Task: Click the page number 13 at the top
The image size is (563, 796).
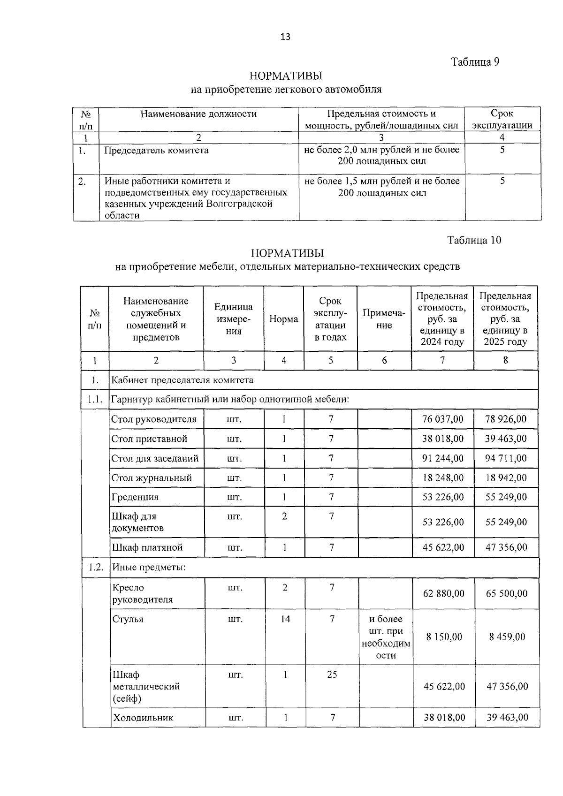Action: click(x=285, y=37)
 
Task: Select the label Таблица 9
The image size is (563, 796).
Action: click(x=475, y=62)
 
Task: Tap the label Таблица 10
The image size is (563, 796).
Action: click(x=474, y=240)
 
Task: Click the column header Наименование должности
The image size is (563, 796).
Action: click(x=198, y=114)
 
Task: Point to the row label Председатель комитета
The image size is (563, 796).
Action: click(x=156, y=151)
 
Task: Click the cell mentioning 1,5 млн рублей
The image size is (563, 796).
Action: click(x=382, y=187)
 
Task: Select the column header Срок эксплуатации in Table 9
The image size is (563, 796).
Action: click(x=502, y=120)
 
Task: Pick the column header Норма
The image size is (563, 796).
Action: click(x=283, y=319)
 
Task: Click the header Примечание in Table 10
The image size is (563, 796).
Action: click(x=384, y=319)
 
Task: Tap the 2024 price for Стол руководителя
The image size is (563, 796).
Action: click(x=442, y=419)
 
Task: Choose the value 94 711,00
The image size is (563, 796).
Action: click(x=506, y=458)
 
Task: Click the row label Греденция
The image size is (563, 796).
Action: click(x=135, y=497)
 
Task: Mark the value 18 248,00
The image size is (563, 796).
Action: click(x=442, y=478)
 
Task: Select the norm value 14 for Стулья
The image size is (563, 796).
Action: click(x=285, y=619)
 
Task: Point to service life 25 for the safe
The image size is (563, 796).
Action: click(x=332, y=675)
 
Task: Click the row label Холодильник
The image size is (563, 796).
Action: click(x=143, y=718)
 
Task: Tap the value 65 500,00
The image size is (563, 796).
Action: click(x=507, y=593)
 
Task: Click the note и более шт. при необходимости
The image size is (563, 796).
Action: click(x=386, y=637)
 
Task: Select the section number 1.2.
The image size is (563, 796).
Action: click(x=96, y=568)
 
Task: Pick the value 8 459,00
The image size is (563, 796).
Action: click(x=507, y=637)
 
